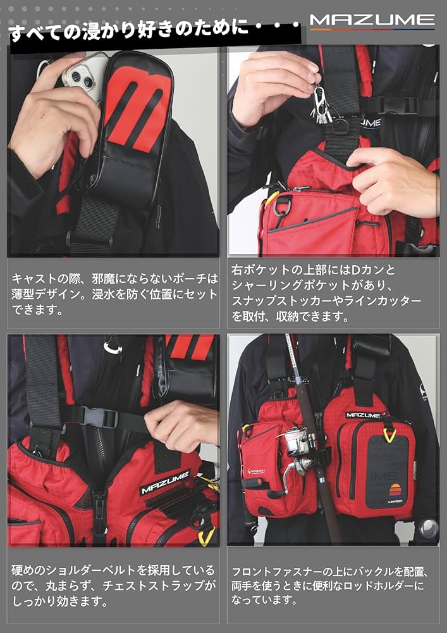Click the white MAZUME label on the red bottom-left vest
coord(157,487)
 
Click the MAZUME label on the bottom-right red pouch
coord(362,415)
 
